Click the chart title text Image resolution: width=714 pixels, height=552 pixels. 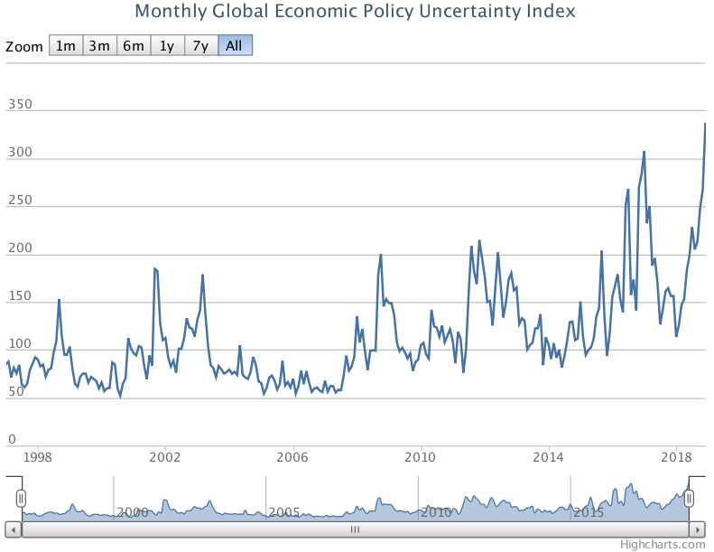coord(355,12)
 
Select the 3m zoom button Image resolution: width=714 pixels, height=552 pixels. coord(99,46)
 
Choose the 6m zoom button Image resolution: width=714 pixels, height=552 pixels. coord(134,46)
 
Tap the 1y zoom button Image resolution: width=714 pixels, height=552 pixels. coord(167,46)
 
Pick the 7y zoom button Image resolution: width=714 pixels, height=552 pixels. coord(200,46)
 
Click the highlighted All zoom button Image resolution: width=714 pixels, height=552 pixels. coord(235,46)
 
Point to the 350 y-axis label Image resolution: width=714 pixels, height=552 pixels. coord(20,105)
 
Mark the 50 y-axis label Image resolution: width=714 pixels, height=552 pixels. coord(16,392)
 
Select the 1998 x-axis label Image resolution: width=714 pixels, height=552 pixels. coord(37,458)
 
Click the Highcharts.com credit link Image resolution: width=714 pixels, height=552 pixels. coord(663,544)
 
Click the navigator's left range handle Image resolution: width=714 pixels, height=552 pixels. coord(21,498)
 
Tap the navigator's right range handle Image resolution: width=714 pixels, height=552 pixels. coord(690,498)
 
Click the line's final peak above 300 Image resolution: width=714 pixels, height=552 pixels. coord(705,124)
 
